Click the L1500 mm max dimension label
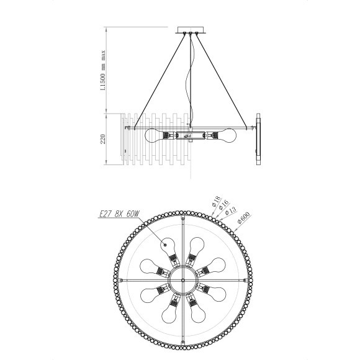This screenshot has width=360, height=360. [x=104, y=70]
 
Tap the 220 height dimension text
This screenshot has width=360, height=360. [x=103, y=139]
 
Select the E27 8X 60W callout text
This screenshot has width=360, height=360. [x=119, y=214]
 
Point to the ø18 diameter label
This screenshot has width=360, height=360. [x=216, y=201]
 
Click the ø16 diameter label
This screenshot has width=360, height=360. [x=223, y=205]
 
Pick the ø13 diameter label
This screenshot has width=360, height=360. [x=231, y=210]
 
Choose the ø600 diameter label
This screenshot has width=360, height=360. [x=244, y=217]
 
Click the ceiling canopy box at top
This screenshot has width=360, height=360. [x=191, y=30]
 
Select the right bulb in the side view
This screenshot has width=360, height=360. [x=227, y=135]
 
